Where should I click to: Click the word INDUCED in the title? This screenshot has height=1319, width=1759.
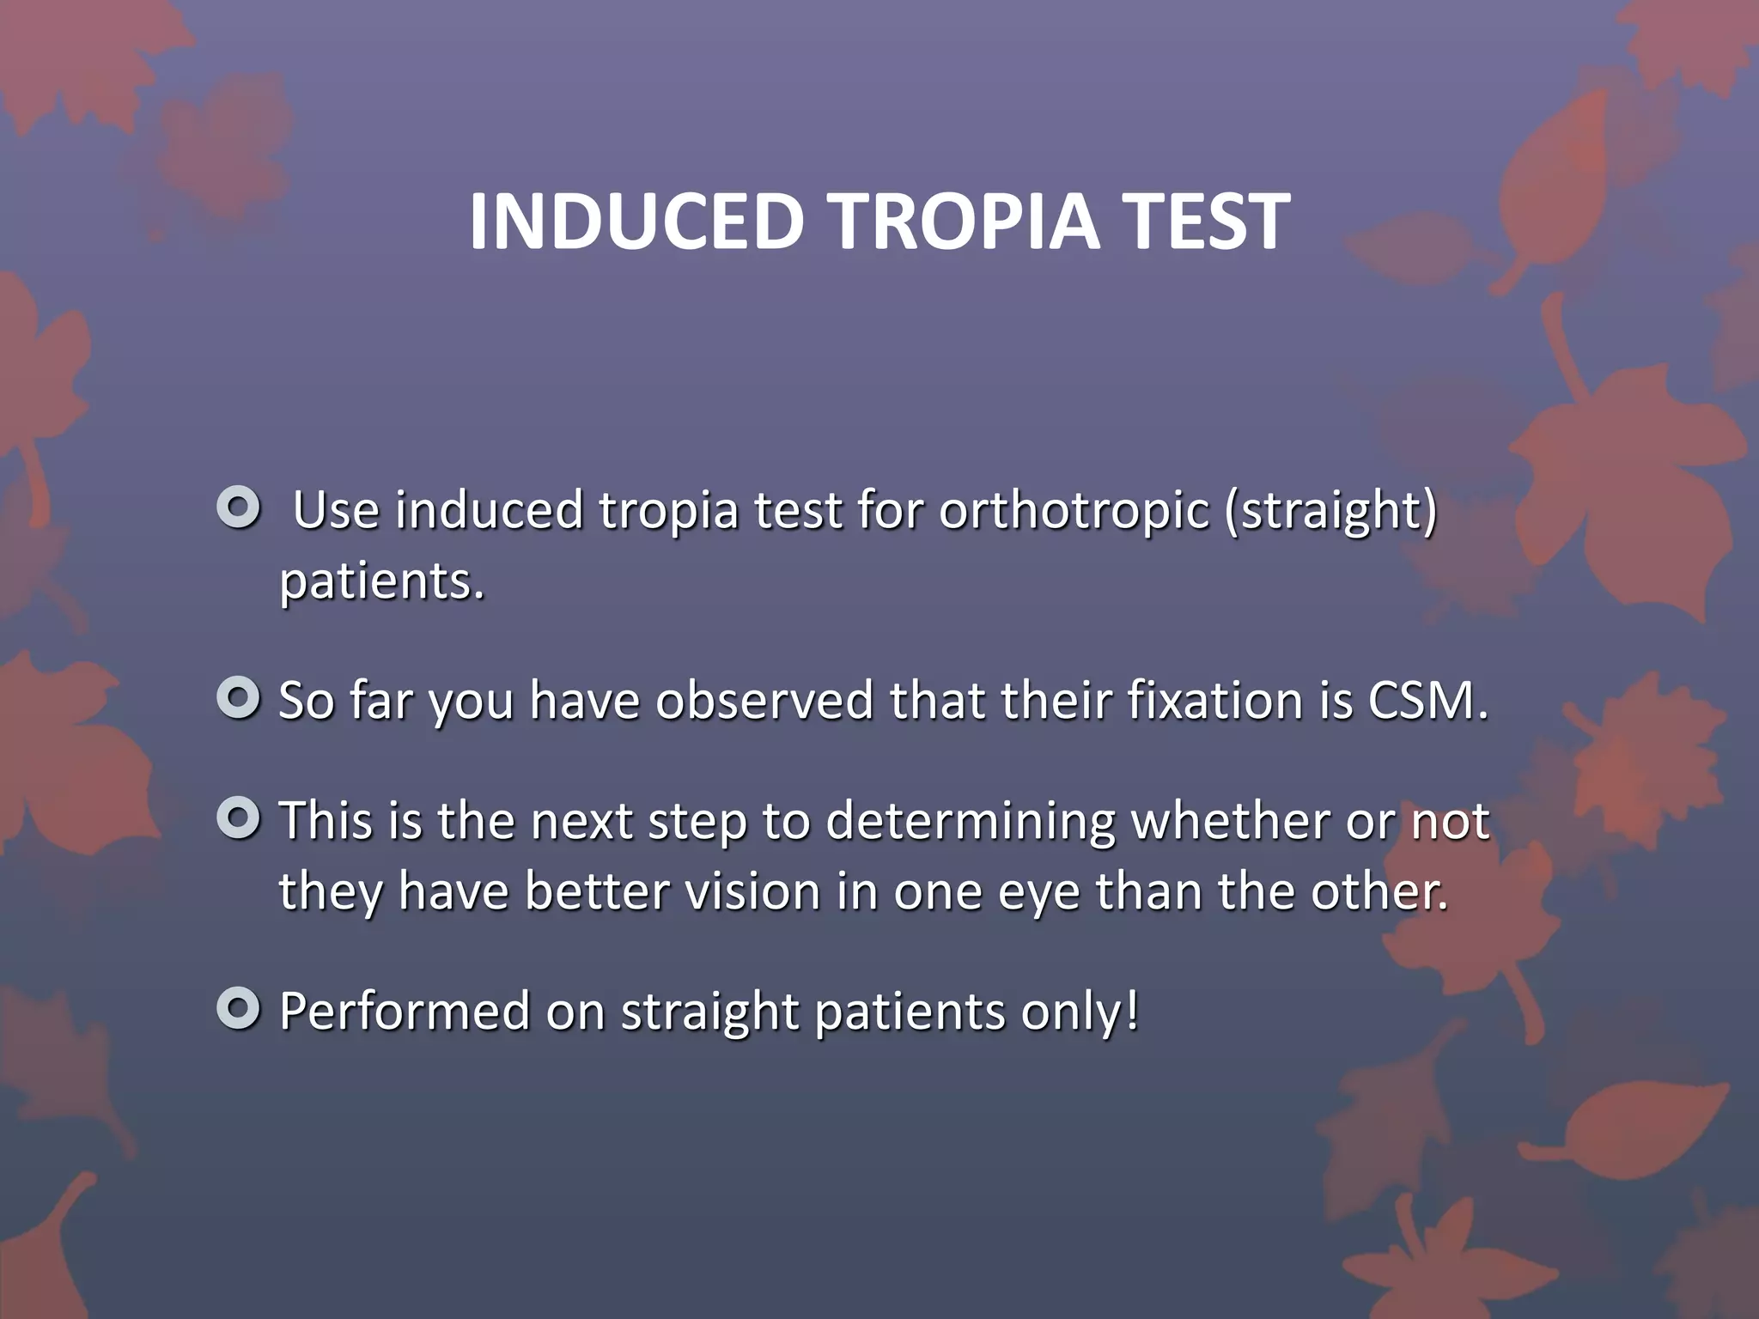pyautogui.click(x=636, y=222)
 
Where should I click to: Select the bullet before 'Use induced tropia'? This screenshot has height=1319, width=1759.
pyautogui.click(x=238, y=508)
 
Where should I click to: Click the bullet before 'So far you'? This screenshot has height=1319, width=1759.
pyautogui.click(x=238, y=699)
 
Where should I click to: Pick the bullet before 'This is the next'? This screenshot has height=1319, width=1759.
pyautogui.click(x=238, y=819)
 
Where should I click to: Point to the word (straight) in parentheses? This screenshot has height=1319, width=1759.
pyautogui.click(x=1330, y=512)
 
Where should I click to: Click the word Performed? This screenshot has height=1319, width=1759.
pyautogui.click(x=405, y=1012)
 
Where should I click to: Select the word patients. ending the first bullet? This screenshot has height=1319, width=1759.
pyautogui.click(x=382, y=582)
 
